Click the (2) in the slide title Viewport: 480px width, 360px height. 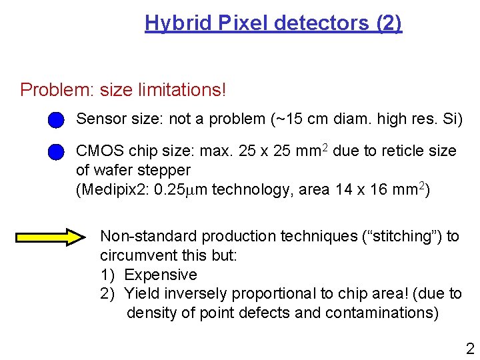pos(389,23)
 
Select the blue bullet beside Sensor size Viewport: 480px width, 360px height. pos(56,119)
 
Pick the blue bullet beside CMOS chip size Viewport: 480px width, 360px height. pos(56,152)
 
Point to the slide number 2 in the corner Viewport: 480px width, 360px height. pos(470,348)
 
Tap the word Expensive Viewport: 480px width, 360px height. pos(161,275)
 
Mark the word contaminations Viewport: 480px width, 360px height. pos(382,313)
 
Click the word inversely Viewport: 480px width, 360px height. pos(192,293)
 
